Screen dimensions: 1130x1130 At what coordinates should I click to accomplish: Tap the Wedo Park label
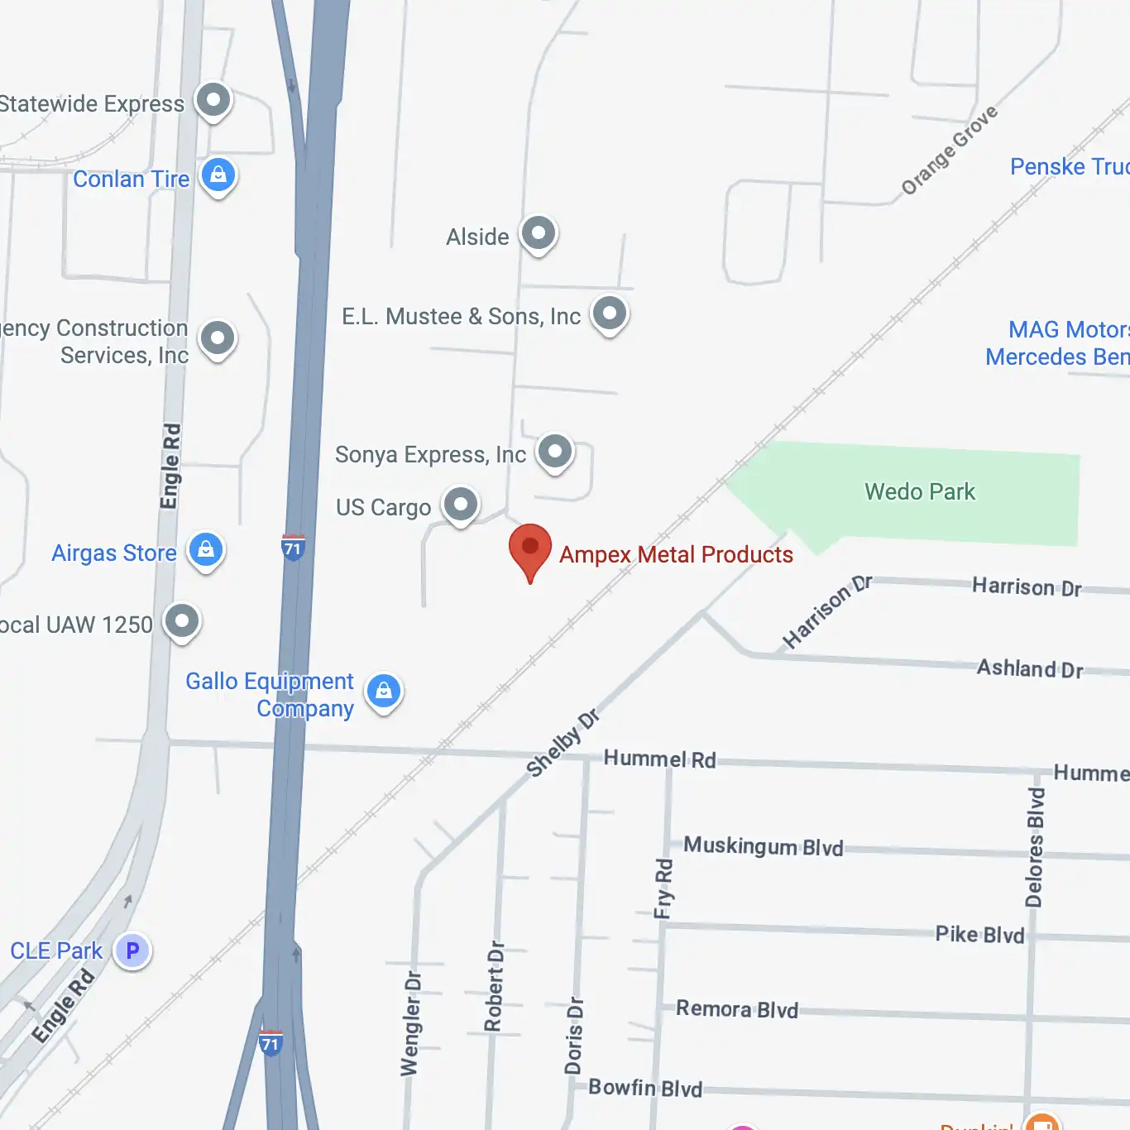pyautogui.click(x=920, y=491)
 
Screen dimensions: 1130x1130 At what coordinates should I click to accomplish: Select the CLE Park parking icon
pyautogui.click(x=132, y=950)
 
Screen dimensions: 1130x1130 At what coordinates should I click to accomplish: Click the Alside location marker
pyautogui.click(x=539, y=234)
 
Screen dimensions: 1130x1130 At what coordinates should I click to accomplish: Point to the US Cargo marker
pyautogui.click(x=461, y=505)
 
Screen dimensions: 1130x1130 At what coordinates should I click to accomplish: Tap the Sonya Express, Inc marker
pyautogui.click(x=555, y=452)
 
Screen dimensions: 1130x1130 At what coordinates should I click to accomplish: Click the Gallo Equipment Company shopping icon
pyautogui.click(x=384, y=692)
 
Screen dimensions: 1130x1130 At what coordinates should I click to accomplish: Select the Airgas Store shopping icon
pyautogui.click(x=206, y=550)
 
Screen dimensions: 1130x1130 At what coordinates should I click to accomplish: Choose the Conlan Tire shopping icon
pyautogui.click(x=218, y=176)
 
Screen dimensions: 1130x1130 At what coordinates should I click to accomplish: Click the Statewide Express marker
pyautogui.click(x=213, y=101)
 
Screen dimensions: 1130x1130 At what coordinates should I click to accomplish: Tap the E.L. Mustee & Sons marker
pyautogui.click(x=610, y=314)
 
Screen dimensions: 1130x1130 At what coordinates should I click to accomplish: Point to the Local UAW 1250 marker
pyautogui.click(x=182, y=621)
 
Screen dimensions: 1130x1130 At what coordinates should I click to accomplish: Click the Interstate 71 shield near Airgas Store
pyautogui.click(x=293, y=548)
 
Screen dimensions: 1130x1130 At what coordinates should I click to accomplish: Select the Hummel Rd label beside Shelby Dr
pyautogui.click(x=659, y=759)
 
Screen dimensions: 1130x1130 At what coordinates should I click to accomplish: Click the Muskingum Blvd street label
pyautogui.click(x=763, y=846)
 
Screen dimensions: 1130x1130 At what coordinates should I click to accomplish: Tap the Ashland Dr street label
pyautogui.click(x=1030, y=668)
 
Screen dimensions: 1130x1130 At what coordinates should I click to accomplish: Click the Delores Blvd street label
pyautogui.click(x=1035, y=848)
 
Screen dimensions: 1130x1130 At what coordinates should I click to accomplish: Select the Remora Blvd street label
pyautogui.click(x=737, y=1009)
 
